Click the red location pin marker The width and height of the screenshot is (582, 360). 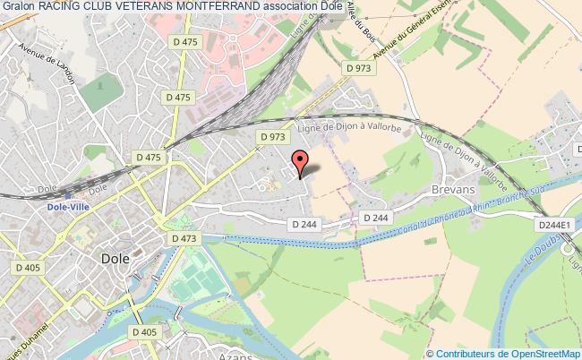click(x=300, y=160)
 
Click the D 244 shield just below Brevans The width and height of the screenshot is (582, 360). click(x=375, y=218)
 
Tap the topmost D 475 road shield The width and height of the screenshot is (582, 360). click(x=185, y=41)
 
